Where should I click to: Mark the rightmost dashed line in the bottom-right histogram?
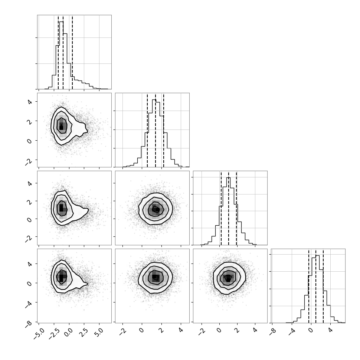tap(323, 286)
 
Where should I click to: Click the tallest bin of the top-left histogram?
tap(61, 55)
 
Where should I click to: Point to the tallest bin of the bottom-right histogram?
tap(318, 289)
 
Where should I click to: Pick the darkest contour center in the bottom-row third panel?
tap(228, 278)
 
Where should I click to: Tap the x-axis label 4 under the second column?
tap(181, 331)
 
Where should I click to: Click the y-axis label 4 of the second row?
tap(30, 102)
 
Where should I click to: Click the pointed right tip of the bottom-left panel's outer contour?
tap(88, 284)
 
